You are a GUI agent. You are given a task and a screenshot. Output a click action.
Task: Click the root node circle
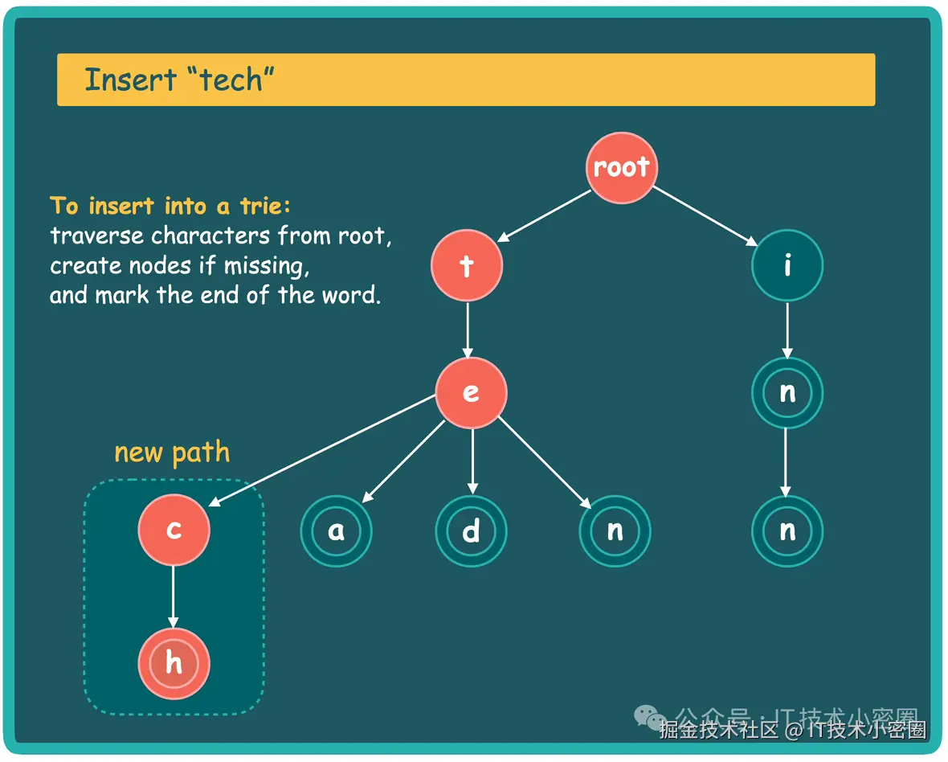[x=621, y=168]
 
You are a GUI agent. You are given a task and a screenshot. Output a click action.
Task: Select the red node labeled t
[x=467, y=266]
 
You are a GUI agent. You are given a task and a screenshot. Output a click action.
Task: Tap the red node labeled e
[x=471, y=392]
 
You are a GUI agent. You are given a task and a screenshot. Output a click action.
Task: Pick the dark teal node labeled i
[x=787, y=266]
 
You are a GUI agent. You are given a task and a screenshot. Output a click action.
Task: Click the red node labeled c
[x=174, y=530]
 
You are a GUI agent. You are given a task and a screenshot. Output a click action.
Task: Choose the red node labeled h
[x=174, y=664]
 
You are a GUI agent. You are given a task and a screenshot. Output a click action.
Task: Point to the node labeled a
[x=336, y=531]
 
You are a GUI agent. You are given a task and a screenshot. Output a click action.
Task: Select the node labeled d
[x=472, y=531]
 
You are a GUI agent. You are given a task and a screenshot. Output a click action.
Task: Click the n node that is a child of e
[x=615, y=531]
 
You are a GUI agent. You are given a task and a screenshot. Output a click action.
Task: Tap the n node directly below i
[x=787, y=392]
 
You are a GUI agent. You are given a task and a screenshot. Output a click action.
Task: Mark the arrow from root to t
[x=544, y=215]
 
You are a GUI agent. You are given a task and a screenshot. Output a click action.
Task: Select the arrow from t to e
[x=468, y=330]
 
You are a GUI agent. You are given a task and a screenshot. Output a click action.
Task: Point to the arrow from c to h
[x=174, y=596]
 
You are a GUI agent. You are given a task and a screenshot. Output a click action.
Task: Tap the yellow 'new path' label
[x=172, y=453]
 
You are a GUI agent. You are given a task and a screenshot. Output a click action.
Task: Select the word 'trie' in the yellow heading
[x=261, y=207]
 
